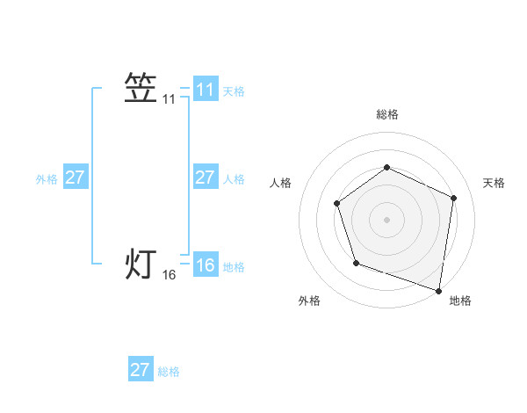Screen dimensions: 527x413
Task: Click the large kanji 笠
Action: pos(141,88)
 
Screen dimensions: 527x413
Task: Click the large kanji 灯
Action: pos(141,264)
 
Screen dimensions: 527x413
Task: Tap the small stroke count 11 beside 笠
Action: pos(170,100)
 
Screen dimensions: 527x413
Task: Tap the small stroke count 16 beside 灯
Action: pos(170,275)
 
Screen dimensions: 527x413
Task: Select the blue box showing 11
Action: pos(205,90)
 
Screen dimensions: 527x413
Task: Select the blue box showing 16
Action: pos(205,264)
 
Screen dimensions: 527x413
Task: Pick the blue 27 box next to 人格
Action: pos(205,178)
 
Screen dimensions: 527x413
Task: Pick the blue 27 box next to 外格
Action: pos(75,178)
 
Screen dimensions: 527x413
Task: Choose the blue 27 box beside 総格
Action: pos(141,370)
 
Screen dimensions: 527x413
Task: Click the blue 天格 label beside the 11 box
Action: pos(234,91)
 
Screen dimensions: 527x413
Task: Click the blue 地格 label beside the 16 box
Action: pos(234,267)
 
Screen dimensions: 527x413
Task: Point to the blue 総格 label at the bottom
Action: pos(169,372)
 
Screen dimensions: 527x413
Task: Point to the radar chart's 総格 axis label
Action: pos(386,115)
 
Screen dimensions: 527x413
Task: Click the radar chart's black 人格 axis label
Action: pos(280,183)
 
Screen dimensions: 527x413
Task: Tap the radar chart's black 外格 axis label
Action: pos(309,301)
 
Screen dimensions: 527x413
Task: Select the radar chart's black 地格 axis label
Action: pos(460,301)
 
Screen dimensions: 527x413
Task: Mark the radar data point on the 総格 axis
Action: pos(386,167)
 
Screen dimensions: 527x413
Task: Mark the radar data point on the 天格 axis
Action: pos(454,198)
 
